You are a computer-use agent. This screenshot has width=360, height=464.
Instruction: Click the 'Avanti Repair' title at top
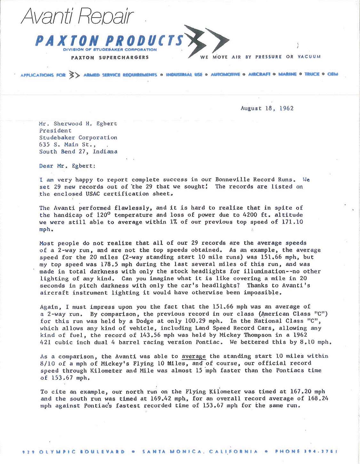tap(77, 16)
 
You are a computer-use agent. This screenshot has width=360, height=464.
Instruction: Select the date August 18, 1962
tap(267, 108)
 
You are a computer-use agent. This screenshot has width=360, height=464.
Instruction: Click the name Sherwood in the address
tap(66, 124)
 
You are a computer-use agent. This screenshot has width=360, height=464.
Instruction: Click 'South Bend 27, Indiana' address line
tap(78, 152)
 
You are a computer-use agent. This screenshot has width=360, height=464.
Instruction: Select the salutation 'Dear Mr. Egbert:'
tap(67, 166)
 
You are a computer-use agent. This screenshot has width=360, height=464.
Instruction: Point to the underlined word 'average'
tap(194, 356)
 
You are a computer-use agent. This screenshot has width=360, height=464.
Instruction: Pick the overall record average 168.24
tap(318, 399)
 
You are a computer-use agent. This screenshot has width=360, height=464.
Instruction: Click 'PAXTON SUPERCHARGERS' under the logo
tap(110, 58)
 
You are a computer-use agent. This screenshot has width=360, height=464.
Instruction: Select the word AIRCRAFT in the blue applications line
tap(259, 75)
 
